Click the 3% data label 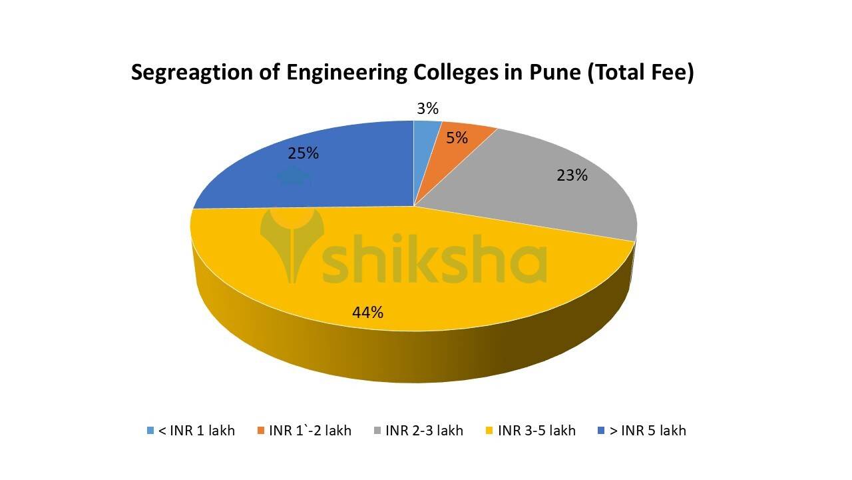pyautogui.click(x=427, y=109)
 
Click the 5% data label pyautogui.click(x=457, y=138)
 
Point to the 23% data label pyautogui.click(x=572, y=175)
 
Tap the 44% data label pyautogui.click(x=367, y=312)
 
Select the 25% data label pyautogui.click(x=303, y=153)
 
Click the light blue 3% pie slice pyautogui.click(x=425, y=133)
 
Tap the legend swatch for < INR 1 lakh pyautogui.click(x=150, y=431)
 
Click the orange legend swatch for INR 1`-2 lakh pyautogui.click(x=261, y=431)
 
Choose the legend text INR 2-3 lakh pyautogui.click(x=424, y=431)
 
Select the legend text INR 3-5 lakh pyautogui.click(x=536, y=431)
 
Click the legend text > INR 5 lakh pyautogui.click(x=646, y=431)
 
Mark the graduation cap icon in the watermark pyautogui.click(x=293, y=177)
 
